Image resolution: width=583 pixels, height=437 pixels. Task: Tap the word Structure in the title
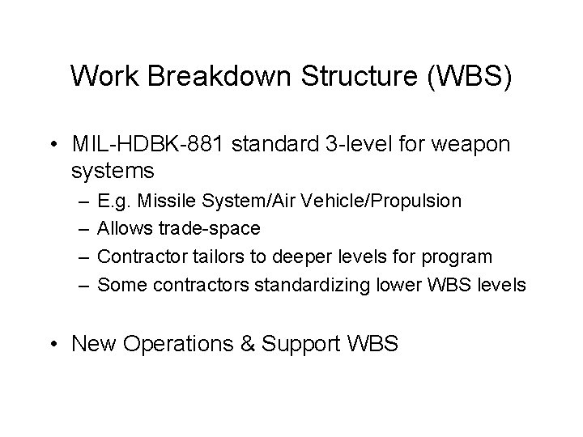pos(345,77)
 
